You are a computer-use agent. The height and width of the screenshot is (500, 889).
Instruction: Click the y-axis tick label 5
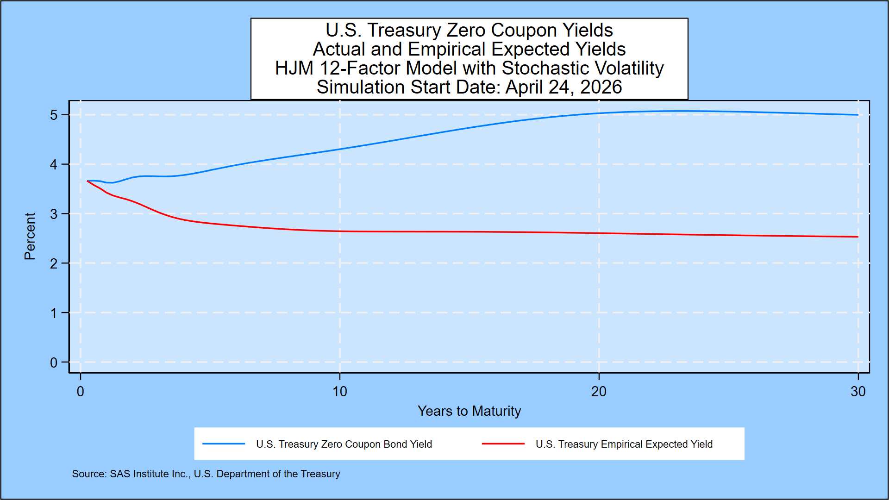pyautogui.click(x=54, y=115)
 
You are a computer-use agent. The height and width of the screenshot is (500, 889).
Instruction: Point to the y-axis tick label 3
pyautogui.click(x=54, y=214)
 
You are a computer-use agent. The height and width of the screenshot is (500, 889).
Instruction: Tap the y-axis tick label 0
pyautogui.click(x=54, y=362)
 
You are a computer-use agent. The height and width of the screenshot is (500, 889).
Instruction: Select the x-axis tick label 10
pyautogui.click(x=339, y=392)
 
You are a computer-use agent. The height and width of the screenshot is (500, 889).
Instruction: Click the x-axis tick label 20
pyautogui.click(x=598, y=392)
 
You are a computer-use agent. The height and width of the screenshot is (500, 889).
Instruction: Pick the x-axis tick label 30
pyautogui.click(x=858, y=392)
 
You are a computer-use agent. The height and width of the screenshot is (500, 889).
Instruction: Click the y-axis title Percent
pyautogui.click(x=30, y=236)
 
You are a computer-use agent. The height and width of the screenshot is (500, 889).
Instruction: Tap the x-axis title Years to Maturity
pyautogui.click(x=469, y=411)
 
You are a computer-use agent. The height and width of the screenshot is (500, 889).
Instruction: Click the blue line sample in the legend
pyautogui.click(x=224, y=444)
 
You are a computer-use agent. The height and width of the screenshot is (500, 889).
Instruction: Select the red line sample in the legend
pyautogui.click(x=503, y=444)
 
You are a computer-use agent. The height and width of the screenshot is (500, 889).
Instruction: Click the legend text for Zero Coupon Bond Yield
pyautogui.click(x=344, y=444)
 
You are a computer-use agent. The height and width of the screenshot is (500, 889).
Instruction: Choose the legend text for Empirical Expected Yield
pyautogui.click(x=624, y=444)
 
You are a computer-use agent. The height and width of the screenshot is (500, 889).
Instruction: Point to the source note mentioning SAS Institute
pyautogui.click(x=206, y=474)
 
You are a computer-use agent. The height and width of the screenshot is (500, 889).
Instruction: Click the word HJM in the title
pyautogui.click(x=294, y=68)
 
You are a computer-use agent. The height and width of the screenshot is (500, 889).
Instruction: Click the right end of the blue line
pyautogui.click(x=858, y=115)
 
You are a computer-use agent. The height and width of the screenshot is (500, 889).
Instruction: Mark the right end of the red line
pyautogui.click(x=858, y=237)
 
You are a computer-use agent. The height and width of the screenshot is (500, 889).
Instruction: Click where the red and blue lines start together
pyautogui.click(x=88, y=181)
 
